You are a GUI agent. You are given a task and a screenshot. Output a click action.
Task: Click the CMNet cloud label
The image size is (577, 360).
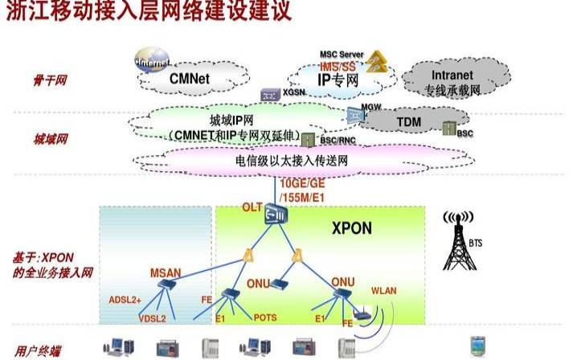(190, 79)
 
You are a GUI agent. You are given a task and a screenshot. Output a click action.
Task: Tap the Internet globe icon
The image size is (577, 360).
(153, 63)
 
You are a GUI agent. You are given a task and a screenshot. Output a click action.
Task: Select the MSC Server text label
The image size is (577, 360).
(342, 55)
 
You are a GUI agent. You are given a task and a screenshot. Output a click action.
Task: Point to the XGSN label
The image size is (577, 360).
(294, 94)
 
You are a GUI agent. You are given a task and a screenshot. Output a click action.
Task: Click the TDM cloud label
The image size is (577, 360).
(409, 121)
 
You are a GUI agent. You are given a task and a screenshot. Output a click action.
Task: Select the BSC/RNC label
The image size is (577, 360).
(337, 140)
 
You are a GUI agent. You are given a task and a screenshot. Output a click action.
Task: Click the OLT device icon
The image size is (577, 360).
(278, 213)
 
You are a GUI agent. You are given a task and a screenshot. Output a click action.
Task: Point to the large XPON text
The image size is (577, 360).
(352, 227)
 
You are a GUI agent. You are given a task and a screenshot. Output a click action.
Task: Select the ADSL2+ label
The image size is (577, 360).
(125, 300)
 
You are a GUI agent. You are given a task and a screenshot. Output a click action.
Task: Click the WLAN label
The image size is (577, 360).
(384, 290)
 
